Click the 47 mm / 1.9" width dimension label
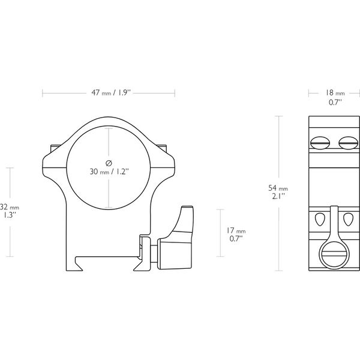(x=111, y=93)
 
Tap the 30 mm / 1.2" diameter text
(x=109, y=172)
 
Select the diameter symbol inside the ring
(x=109, y=163)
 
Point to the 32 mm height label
(x=10, y=207)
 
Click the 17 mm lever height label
(x=236, y=230)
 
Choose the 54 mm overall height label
(x=278, y=188)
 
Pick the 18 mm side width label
(x=335, y=93)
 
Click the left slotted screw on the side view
(x=320, y=143)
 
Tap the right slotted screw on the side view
(x=348, y=143)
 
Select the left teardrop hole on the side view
(x=319, y=219)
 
